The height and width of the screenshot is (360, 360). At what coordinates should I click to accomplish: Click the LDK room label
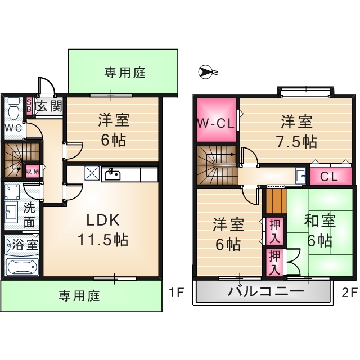(102, 219)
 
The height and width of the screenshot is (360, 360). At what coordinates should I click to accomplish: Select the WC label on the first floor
(13, 128)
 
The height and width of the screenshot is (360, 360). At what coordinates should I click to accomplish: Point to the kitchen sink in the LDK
(112, 174)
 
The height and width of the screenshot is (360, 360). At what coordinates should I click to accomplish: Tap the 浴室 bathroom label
(26, 245)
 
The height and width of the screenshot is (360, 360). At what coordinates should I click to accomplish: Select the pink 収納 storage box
(32, 169)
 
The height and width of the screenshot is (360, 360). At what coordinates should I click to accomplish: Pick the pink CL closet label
(329, 176)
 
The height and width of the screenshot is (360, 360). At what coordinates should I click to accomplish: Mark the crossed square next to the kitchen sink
(92, 173)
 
